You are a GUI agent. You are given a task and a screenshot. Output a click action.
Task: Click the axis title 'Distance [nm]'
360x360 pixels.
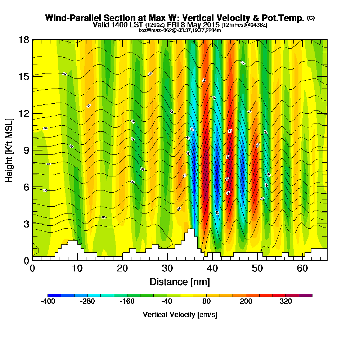[180, 282]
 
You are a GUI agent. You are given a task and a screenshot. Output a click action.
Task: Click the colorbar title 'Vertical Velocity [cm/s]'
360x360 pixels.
[180, 315]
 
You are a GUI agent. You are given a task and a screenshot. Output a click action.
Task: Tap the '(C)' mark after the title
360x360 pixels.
[311, 18]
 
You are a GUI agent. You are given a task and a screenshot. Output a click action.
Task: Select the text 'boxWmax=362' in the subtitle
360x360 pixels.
[153, 30]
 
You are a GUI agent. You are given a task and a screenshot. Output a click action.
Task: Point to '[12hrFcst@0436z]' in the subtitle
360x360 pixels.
[244, 25]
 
